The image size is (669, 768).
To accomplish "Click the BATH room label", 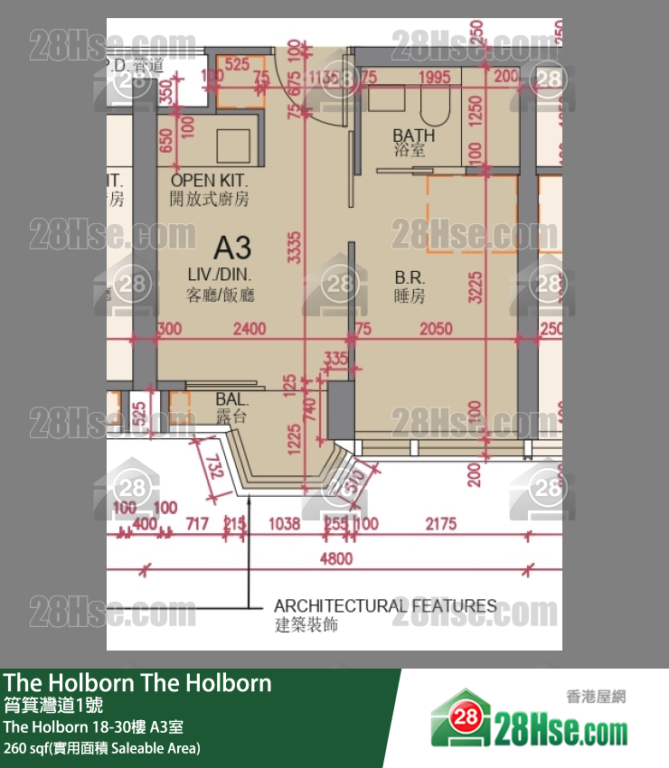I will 413,135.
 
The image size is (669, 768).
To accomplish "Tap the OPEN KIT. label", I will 209,182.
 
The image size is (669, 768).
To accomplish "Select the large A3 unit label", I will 232,247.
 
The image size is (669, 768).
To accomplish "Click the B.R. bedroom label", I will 410,278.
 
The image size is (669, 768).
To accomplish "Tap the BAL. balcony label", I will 232,398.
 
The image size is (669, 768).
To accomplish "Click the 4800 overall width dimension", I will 336,559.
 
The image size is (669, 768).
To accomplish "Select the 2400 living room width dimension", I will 250,330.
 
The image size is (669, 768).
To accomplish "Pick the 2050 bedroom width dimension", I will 436,330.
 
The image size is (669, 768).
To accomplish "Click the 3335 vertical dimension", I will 294,247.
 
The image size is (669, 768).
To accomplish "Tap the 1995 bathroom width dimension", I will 434,79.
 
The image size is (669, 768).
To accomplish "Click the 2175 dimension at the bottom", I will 440,523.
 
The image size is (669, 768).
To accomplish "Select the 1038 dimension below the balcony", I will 285,523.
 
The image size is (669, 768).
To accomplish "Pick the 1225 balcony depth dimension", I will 293,441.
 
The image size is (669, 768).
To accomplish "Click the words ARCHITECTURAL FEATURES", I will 385,605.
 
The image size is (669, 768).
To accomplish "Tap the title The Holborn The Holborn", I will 137,682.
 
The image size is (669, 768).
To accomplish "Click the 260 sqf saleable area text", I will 102,747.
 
